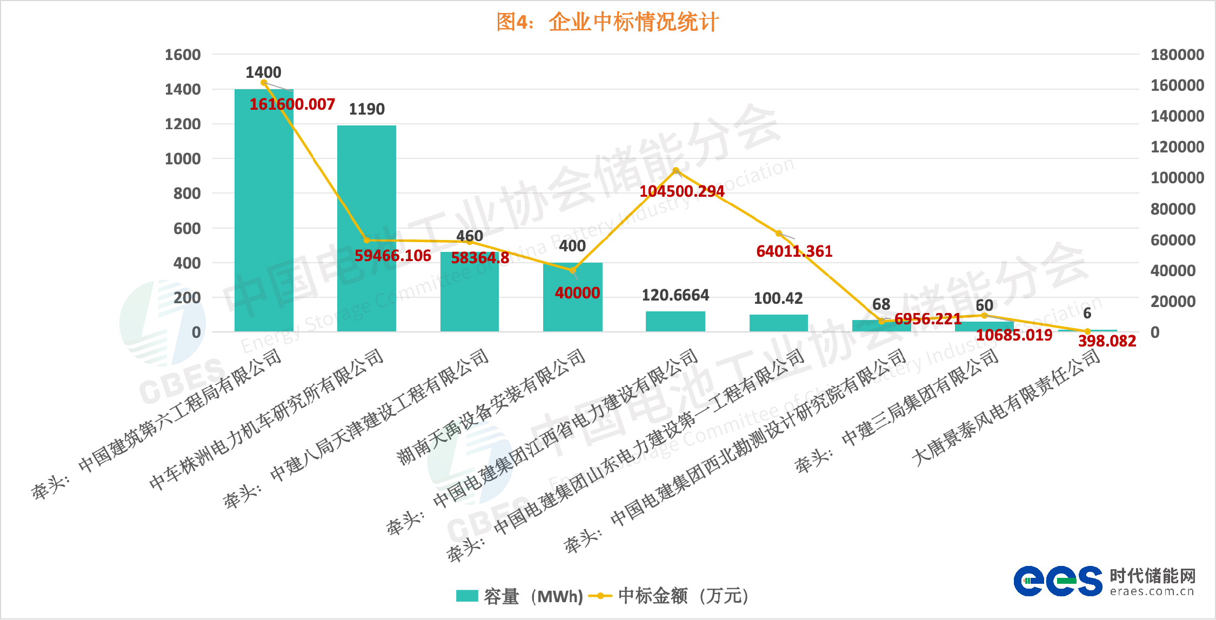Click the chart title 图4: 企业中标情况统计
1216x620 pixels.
tap(607, 22)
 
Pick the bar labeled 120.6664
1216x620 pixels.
tap(675, 321)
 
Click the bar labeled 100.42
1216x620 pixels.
tap(778, 323)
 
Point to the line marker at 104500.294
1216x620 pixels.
tap(676, 171)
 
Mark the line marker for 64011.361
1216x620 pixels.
tap(778, 234)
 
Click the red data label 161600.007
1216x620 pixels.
tap(292, 104)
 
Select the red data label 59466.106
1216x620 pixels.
tap(392, 255)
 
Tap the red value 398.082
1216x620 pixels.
tap(1107, 341)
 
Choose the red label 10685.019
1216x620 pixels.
tap(1014, 335)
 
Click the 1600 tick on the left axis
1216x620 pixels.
tap(183, 55)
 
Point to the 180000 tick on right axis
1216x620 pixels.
tap(1177, 55)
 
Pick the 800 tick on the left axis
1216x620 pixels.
tap(187, 194)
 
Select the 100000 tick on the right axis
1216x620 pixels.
tap(1177, 178)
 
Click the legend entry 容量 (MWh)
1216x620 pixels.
tap(519, 596)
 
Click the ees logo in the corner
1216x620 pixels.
tap(1057, 581)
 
